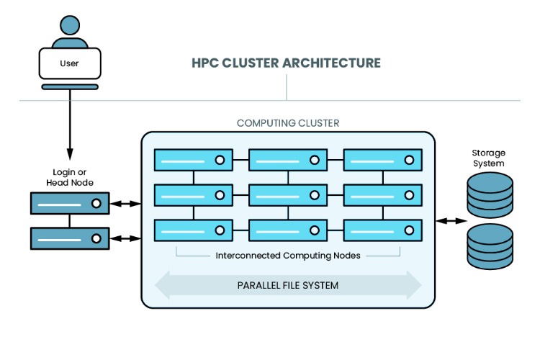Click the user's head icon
coord(69,24)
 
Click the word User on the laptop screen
coord(69,63)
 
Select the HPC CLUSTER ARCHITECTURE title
coord(286,63)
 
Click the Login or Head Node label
coord(69,178)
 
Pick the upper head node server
coord(69,204)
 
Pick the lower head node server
coord(69,238)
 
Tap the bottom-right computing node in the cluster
coord(382,230)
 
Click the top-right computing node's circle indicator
coord(410,160)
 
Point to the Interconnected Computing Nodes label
coord(288,256)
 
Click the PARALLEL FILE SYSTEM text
coord(288,285)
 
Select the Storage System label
coord(488,158)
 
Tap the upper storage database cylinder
coord(490,195)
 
